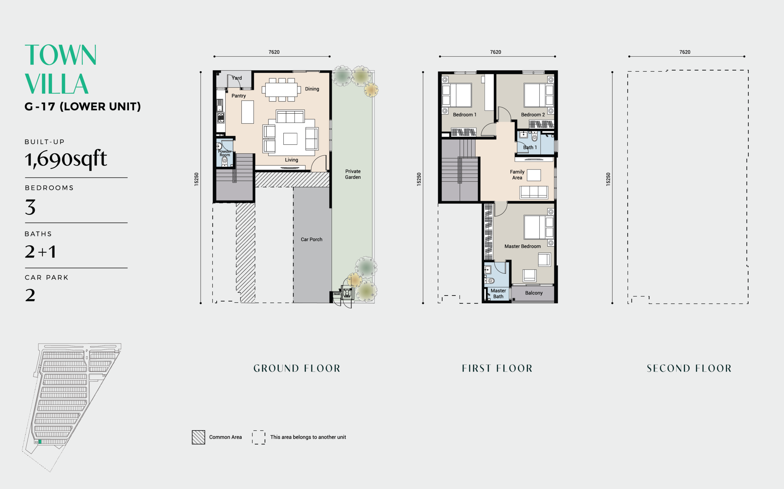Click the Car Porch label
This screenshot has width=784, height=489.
pos(311,239)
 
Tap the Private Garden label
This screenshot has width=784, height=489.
pos(353,174)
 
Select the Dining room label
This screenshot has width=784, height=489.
pos(312,89)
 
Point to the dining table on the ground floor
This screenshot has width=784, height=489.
pos(281,90)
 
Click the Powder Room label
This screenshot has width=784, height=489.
pos(224,153)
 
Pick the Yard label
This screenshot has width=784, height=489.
pos(237,78)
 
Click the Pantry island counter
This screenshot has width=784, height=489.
pos(247,112)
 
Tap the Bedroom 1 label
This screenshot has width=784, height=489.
pos(465,114)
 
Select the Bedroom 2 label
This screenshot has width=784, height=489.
pos(533,114)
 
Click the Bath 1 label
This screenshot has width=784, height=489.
pos(530,147)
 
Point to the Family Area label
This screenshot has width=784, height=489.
pos(517,175)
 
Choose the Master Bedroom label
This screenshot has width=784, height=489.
pos(522,246)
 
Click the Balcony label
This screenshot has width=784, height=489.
pos(534,293)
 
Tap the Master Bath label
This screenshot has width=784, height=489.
pos(498,293)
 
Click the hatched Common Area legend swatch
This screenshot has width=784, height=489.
pos(198,437)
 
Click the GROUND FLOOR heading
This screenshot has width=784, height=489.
pos(297,369)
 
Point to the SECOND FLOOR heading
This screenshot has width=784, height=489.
pos(689,369)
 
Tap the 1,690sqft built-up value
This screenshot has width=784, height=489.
pos(66,159)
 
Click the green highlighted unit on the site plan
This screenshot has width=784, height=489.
pos(40,441)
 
